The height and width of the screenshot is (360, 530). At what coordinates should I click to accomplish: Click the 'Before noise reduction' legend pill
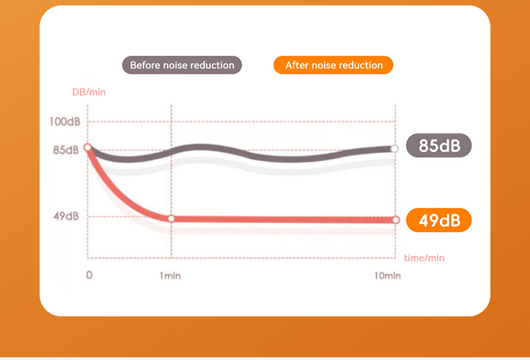[182, 65]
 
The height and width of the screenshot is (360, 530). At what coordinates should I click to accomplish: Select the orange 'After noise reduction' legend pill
[333, 65]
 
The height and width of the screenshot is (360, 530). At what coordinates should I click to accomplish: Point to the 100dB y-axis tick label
[64, 121]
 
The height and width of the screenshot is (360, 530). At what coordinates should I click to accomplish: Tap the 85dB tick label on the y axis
[66, 149]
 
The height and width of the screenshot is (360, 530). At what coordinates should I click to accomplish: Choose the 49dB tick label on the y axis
[66, 216]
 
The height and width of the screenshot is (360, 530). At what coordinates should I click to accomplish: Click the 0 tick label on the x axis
[89, 275]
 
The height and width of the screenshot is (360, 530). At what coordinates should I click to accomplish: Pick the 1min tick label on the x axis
[170, 276]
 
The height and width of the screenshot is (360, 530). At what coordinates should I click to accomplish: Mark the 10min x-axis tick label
[387, 276]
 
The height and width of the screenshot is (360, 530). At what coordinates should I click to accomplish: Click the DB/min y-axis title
[89, 92]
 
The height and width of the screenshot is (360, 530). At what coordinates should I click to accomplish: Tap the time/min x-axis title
[424, 257]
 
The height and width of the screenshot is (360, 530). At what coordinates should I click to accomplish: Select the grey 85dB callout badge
[439, 145]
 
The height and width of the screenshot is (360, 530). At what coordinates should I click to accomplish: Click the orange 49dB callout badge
[439, 220]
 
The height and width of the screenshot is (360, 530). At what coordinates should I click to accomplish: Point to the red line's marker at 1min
[171, 219]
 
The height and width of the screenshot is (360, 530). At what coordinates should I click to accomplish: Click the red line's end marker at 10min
[395, 220]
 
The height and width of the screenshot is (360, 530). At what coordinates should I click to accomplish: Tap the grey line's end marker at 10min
[394, 149]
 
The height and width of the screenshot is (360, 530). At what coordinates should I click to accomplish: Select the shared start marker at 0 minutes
[88, 147]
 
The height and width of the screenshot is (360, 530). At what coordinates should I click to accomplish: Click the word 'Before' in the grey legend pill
[145, 65]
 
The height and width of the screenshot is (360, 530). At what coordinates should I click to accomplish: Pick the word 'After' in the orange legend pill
[297, 65]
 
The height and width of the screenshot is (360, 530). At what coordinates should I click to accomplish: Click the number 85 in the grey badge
[429, 145]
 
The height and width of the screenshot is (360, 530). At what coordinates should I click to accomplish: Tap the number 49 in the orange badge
[429, 220]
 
